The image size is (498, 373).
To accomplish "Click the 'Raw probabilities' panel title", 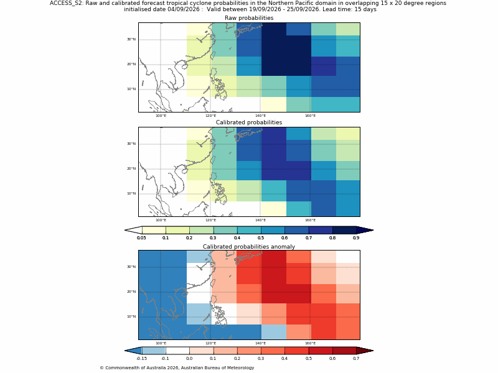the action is tap(249, 18).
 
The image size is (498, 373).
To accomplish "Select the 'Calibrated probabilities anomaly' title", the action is tap(249, 247).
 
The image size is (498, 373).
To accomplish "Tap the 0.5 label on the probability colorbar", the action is tap(261, 238).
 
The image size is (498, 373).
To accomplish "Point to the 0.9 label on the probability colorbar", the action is tap(356, 238).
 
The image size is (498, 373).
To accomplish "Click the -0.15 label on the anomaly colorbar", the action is tap(141, 359).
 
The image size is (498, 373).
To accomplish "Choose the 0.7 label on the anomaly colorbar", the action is tap(356, 359).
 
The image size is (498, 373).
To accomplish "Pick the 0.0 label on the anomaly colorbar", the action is tap(189, 359).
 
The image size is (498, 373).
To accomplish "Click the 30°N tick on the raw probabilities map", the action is tap(131, 39).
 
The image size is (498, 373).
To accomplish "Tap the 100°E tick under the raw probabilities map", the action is tap(161, 116).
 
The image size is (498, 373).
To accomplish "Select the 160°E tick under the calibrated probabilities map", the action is tap(310, 220).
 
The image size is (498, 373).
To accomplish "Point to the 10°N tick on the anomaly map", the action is tap(131, 316).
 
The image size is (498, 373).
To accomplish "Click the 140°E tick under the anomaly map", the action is tap(260, 343).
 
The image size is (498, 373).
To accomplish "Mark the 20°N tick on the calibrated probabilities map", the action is tap(131, 168).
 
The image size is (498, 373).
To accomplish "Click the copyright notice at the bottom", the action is tap(177, 368).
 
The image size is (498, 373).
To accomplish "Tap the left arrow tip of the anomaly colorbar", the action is tap(125, 351).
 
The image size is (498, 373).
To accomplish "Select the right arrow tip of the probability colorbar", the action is tap(373, 230).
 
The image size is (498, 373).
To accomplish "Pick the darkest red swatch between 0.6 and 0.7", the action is tap(344, 351).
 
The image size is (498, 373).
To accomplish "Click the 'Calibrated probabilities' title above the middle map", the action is tap(249, 122).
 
